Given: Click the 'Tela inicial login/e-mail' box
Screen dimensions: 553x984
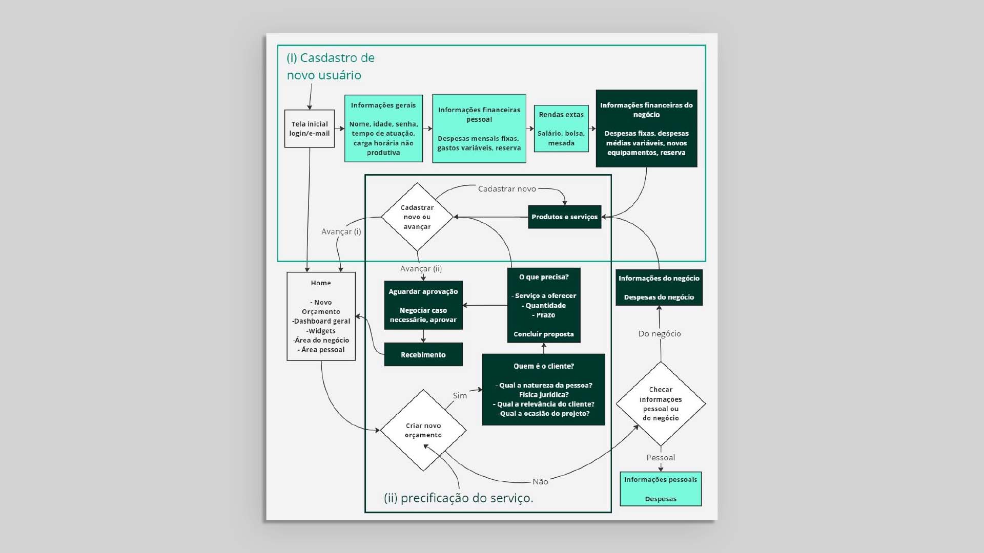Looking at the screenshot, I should [x=310, y=129].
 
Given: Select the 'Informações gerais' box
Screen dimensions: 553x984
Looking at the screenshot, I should [x=383, y=129].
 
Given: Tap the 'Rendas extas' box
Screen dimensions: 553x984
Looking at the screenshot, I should [x=561, y=129].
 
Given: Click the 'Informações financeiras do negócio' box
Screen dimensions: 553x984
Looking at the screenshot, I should [x=646, y=129].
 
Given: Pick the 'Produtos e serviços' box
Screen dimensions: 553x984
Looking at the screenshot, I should [x=564, y=217].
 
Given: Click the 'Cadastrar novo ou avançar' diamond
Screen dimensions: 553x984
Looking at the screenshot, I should [x=417, y=217].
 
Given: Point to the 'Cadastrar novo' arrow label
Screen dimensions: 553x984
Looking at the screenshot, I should [x=507, y=189].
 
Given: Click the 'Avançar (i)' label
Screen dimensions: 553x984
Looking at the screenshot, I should [x=341, y=231].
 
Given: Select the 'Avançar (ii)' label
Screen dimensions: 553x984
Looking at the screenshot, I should [x=421, y=269].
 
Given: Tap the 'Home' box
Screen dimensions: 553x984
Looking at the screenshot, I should [x=321, y=316].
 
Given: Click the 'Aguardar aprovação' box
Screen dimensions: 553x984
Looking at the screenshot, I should [x=423, y=305].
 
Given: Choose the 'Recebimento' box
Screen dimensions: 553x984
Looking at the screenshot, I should [x=423, y=354].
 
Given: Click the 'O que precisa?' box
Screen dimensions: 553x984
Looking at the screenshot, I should [x=544, y=305].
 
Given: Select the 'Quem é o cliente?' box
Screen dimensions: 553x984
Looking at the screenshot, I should [x=544, y=390].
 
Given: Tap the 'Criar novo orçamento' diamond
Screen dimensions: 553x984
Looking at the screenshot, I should [x=423, y=430].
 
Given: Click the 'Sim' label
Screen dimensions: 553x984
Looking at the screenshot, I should [x=460, y=396].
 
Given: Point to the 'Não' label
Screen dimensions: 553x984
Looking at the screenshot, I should [x=540, y=482].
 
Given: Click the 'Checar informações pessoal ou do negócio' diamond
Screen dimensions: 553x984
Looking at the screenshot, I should [x=661, y=403].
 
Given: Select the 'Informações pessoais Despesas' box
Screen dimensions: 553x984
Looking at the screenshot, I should [x=661, y=489].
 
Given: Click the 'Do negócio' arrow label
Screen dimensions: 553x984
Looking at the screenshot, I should [x=660, y=334].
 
